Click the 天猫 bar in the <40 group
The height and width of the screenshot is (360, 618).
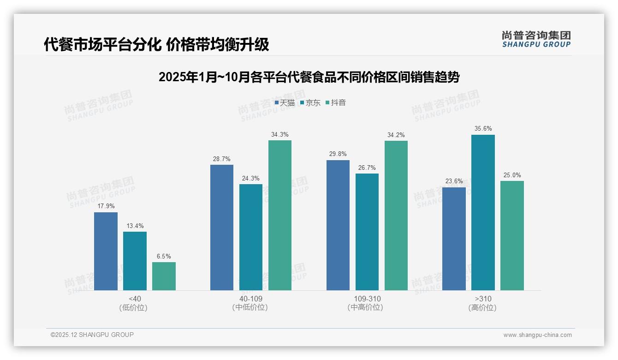coord(106,251)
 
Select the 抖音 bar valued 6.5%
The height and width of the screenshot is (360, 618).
coord(164,276)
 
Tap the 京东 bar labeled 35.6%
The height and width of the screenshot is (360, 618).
coord(483,212)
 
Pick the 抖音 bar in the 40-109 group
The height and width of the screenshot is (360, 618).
coord(280,215)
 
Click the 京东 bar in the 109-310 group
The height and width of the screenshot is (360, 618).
coord(367,232)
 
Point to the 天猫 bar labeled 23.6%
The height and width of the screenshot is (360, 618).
coord(454,239)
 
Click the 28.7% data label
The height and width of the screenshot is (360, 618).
coord(221,159)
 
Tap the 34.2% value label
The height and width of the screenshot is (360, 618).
coord(396,135)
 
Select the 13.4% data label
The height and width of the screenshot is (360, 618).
coord(135,226)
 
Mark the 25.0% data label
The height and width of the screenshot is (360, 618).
coord(512,175)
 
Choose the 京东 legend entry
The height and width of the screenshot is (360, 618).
coord(310,102)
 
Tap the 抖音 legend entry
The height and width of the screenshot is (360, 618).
coord(336,102)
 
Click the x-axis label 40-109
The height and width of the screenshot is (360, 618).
coord(251,299)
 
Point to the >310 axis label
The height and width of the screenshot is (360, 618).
coord(483,299)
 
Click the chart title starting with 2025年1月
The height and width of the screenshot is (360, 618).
coord(309,77)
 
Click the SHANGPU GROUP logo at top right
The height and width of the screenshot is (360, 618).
coord(536,39)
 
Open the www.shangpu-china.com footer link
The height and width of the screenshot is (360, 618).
coord(537,335)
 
